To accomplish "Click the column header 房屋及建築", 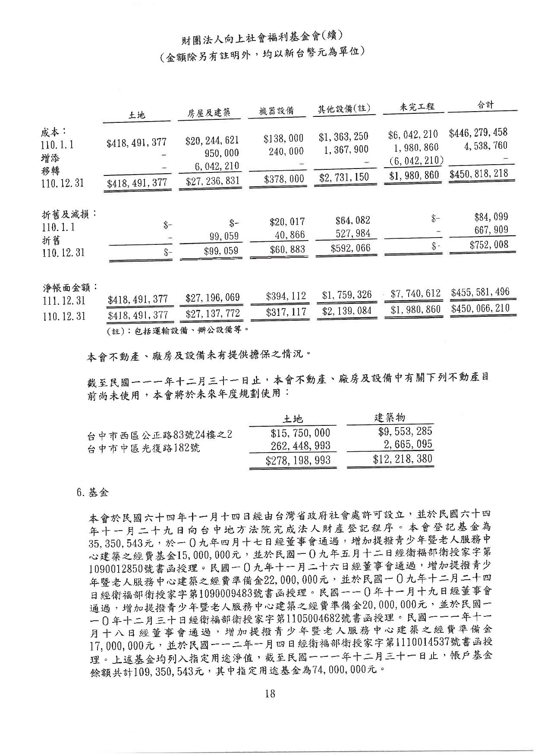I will [x=208, y=113].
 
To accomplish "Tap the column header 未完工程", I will [x=416, y=106].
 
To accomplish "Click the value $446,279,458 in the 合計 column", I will [x=478, y=132].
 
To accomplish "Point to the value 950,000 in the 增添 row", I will [x=222, y=153].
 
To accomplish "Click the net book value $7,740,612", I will [x=415, y=294].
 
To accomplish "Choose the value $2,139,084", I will [x=346, y=310].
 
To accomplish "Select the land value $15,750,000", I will [x=300, y=433].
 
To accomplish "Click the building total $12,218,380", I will [x=402, y=459].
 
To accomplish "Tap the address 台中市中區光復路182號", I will [x=143, y=448].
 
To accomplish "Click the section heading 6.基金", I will [x=92, y=493].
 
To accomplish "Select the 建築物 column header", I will [x=389, y=417].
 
